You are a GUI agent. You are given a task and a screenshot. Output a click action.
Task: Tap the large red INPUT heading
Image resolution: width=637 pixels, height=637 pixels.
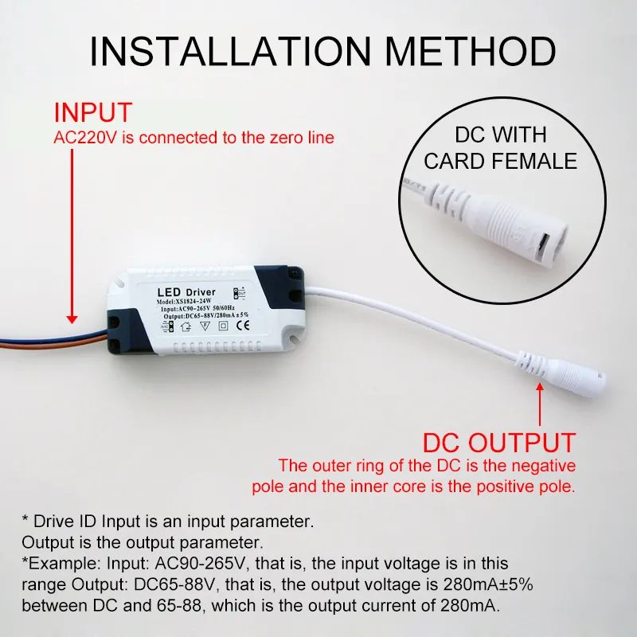point(92,112)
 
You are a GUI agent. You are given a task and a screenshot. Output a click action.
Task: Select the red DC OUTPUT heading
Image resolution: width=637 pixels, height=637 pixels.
point(498,443)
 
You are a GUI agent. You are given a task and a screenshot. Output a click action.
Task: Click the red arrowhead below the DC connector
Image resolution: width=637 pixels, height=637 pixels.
point(540,389)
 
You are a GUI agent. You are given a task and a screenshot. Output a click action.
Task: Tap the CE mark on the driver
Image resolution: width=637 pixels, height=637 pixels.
point(247,325)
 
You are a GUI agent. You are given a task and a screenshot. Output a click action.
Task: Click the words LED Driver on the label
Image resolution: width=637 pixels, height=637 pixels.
point(182,292)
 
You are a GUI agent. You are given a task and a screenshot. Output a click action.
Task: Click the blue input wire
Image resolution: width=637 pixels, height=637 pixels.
point(48,326)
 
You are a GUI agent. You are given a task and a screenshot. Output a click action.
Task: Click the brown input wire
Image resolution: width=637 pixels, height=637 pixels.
point(48,337)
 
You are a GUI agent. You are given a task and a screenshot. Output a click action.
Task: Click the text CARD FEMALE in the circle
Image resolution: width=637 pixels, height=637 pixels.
point(500,161)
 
